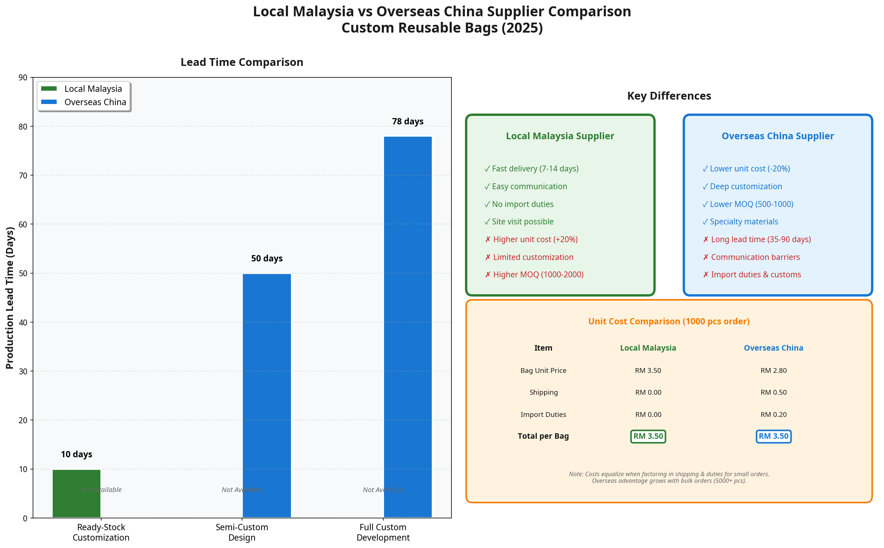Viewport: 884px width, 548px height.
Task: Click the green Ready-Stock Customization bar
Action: point(76,493)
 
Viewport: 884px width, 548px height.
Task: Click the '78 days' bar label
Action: point(408,121)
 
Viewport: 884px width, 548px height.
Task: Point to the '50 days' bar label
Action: point(266,258)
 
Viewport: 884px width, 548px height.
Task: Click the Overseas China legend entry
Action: point(95,102)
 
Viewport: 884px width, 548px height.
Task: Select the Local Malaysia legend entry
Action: point(93,89)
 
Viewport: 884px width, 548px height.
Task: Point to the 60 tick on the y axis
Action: point(23,224)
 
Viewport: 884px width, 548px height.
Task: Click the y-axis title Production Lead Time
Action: point(10,298)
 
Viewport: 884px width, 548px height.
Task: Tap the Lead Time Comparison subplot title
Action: point(242,62)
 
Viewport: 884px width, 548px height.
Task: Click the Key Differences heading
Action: point(669,96)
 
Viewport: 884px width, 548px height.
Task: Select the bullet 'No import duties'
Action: point(522,204)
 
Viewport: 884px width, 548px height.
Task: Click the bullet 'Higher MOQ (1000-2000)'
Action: point(538,275)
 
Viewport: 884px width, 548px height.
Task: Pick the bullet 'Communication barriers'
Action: point(755,257)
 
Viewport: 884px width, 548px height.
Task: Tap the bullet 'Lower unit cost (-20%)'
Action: point(749,169)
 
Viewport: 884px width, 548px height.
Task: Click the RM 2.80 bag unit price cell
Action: point(773,371)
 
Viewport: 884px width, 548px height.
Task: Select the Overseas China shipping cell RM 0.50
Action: point(773,392)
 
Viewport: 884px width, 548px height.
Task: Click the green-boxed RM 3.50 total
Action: point(648,437)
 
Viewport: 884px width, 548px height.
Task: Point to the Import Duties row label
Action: point(543,415)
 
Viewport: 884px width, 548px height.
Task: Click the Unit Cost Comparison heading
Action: point(669,321)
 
